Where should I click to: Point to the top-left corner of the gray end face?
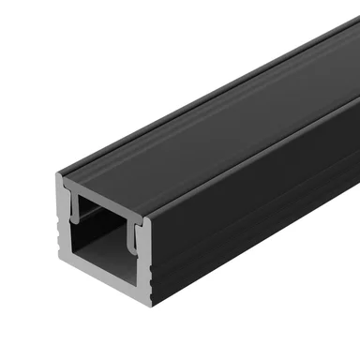(x=57, y=175)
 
